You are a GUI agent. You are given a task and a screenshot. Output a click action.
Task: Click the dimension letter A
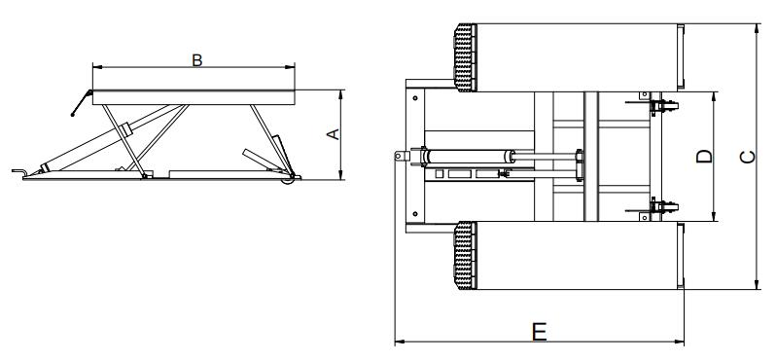[x=335, y=134]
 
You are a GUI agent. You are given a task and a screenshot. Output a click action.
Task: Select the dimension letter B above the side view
[x=197, y=60]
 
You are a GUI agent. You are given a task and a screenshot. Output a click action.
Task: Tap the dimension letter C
[x=747, y=157]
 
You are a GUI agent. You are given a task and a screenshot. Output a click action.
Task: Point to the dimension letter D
[x=704, y=156]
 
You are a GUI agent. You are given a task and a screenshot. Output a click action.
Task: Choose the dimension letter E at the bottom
[x=540, y=331]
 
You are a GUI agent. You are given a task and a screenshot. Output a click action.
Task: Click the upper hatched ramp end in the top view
[x=465, y=58]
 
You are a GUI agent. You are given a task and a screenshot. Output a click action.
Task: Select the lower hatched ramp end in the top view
[x=465, y=256]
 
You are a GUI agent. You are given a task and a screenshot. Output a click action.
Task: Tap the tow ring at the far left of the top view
[x=401, y=156]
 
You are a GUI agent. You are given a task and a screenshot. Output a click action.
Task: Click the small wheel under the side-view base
[x=288, y=181]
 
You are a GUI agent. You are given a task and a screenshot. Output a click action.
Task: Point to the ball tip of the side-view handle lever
[x=73, y=115]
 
